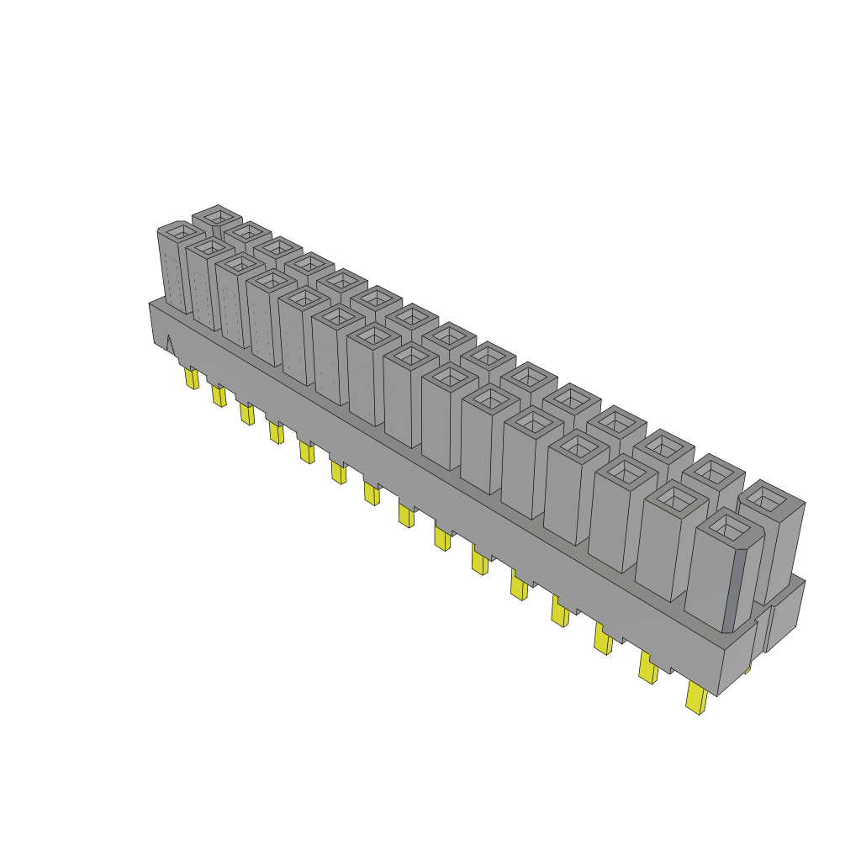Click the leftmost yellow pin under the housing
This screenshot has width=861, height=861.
pyautogui.click(x=192, y=379)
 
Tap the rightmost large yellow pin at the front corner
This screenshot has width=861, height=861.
pyautogui.click(x=696, y=698)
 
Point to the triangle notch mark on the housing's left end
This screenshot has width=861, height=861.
pyautogui.click(x=168, y=345)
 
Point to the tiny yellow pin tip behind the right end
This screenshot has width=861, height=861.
pyautogui.click(x=747, y=668)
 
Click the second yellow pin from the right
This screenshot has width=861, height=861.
pyautogui.click(x=647, y=668)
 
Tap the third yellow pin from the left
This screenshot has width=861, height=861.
pyautogui.click(x=246, y=414)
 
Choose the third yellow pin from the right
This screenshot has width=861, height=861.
pyautogui.click(x=603, y=640)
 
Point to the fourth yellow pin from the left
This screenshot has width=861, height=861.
pyautogui.click(x=276, y=432)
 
